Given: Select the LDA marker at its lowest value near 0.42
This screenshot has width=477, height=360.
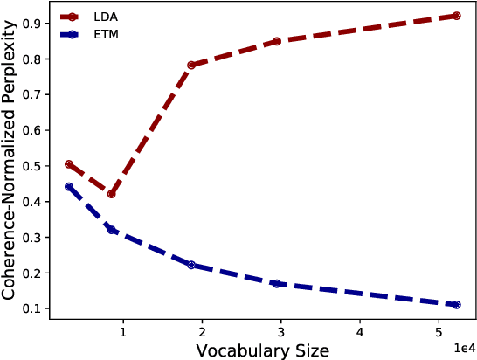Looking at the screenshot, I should point(111,194).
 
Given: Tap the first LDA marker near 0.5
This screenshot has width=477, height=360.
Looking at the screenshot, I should point(69,164).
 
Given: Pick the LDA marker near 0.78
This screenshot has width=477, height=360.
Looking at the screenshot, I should point(191,66).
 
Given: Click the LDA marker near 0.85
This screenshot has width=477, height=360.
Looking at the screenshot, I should point(276,41).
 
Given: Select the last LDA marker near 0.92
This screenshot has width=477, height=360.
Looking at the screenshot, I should point(456,16).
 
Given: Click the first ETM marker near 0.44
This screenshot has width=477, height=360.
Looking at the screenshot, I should point(69,187).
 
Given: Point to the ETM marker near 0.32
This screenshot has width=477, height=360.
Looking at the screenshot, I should point(111,230).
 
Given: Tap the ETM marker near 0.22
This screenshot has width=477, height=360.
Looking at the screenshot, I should point(191,265).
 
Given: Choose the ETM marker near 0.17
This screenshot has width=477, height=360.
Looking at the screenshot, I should point(276,284).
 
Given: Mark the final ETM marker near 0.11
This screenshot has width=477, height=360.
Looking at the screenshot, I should point(456,305).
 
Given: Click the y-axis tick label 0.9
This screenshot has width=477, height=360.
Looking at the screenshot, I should point(38,24).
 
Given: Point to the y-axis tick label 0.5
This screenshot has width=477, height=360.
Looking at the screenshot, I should point(38,166).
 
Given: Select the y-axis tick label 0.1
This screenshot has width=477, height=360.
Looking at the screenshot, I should point(38,308).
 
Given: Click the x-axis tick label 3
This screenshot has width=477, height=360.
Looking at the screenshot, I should point(281,332).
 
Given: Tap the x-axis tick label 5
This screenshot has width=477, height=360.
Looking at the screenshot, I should point(439,332).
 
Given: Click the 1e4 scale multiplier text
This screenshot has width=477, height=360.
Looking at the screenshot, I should point(464,347).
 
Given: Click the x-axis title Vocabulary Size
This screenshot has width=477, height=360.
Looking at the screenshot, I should point(262,350).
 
